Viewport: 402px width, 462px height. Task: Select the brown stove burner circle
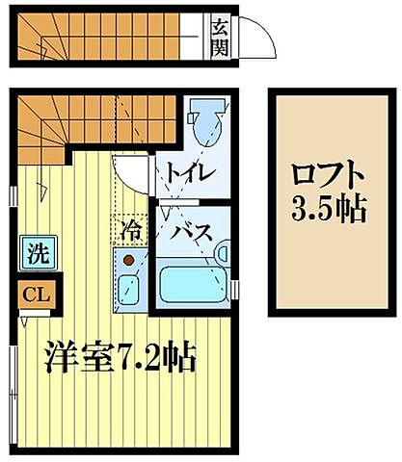(x=127, y=258)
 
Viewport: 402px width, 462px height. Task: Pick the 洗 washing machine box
(x=37, y=255)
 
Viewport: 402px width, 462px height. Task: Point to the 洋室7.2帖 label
(x=121, y=360)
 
